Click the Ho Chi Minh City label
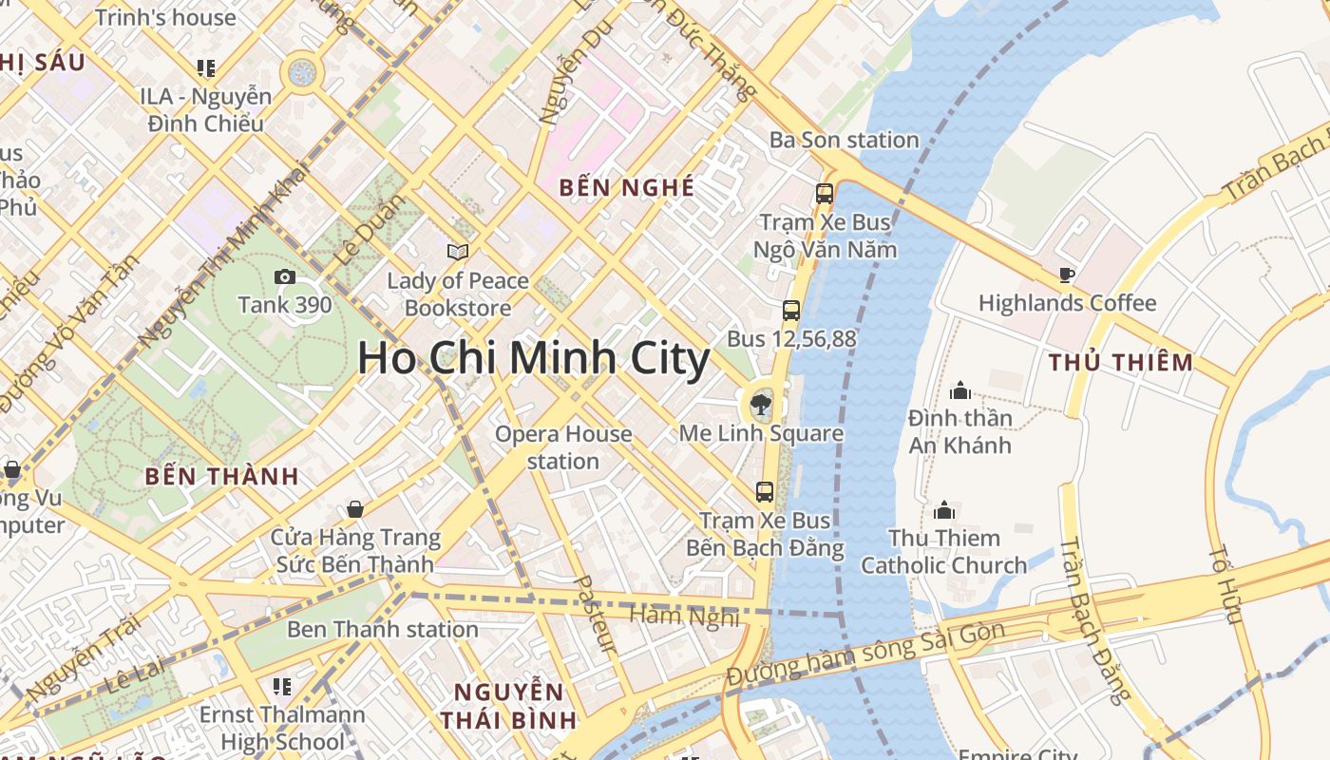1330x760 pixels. click(533, 359)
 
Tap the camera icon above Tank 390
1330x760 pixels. click(284, 277)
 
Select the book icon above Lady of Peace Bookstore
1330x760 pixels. click(458, 252)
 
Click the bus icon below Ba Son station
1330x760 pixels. click(824, 194)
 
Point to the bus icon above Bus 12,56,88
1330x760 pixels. click(790, 311)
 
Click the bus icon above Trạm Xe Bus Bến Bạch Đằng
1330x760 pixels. click(765, 492)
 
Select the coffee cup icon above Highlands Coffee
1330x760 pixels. click(1067, 275)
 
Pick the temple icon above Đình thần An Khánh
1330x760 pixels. click(960, 390)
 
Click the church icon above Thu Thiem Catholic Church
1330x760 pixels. click(944, 511)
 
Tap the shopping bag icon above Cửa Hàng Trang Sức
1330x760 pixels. click(355, 510)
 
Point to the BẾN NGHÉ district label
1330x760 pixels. click(626, 187)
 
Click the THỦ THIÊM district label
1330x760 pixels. click(1121, 362)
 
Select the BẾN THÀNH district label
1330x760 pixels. click(221, 476)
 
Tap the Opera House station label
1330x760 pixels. click(563, 447)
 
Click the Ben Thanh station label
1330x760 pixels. click(382, 629)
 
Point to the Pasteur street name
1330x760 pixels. click(596, 614)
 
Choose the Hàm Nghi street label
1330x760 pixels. click(684, 616)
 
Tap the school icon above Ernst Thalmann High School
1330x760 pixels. click(281, 686)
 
